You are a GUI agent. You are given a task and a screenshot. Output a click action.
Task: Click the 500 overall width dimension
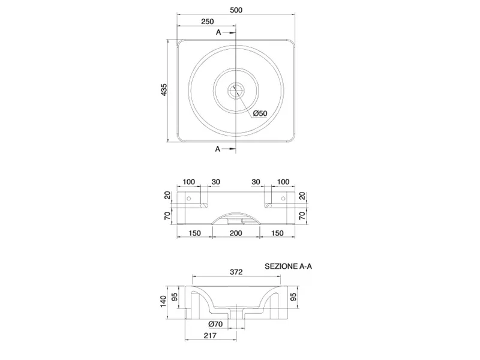(236, 10)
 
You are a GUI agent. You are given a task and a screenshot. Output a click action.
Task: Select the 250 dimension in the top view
(207, 22)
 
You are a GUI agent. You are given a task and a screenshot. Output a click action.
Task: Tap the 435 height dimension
(164, 89)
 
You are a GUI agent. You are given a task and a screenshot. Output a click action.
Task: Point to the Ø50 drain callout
(260, 113)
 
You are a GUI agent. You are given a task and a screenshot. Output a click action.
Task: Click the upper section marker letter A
(218, 32)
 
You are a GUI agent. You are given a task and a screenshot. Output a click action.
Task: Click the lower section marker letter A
(218, 149)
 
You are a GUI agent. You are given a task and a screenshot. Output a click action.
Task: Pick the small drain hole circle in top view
(236, 90)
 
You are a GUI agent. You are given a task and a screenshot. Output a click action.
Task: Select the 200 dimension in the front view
(236, 233)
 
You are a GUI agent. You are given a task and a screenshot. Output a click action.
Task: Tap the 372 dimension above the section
(236, 272)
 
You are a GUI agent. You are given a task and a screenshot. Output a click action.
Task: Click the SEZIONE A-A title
(289, 266)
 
